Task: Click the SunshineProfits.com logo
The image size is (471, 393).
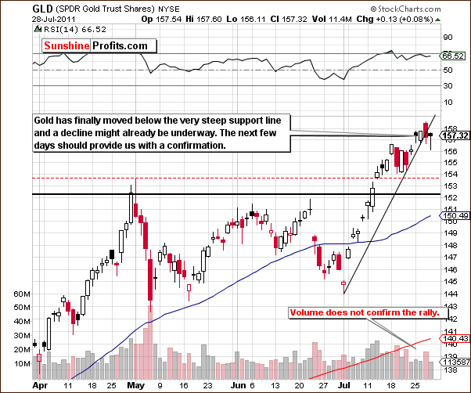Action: pos(95,45)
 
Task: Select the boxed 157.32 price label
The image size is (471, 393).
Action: pos(455,135)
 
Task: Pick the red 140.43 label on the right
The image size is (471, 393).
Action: pos(455,339)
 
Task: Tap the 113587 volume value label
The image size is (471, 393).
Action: pos(455,362)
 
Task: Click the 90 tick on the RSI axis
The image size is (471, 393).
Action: pos(448,37)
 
